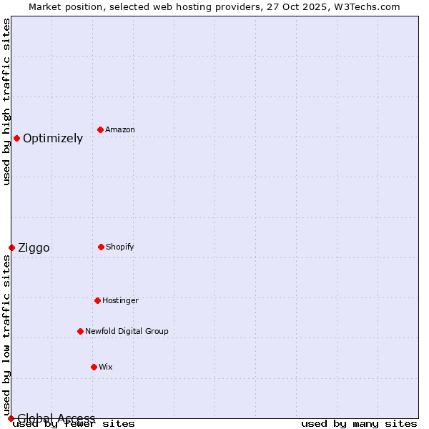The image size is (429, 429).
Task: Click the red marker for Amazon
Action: (100, 129)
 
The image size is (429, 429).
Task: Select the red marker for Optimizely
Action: (16, 138)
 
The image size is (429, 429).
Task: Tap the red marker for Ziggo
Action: (11, 247)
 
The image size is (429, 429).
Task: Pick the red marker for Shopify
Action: (101, 247)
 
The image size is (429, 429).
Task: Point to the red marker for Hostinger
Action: (97, 300)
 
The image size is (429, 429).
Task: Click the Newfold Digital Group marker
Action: (80, 331)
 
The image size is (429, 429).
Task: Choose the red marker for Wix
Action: (94, 367)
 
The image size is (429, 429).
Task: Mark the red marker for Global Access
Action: (11, 418)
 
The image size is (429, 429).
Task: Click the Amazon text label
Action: (120, 129)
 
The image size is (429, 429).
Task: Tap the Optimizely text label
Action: (53, 139)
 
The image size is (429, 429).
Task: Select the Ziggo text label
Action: (34, 248)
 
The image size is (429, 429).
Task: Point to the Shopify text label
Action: (120, 247)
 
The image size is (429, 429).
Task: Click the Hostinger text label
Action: (120, 300)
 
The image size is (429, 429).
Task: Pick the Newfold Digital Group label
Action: (127, 331)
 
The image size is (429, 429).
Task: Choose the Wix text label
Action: (106, 367)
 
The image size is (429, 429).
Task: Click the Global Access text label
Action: (56, 418)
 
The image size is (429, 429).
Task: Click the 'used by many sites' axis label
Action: (359, 424)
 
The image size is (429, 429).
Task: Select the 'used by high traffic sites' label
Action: (6, 102)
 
